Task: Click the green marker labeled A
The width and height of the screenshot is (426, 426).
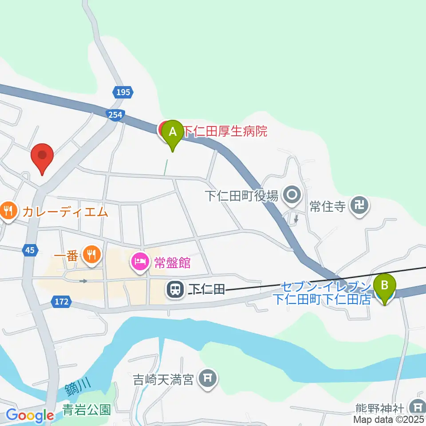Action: (172, 132)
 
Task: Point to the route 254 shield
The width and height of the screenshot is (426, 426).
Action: (114, 115)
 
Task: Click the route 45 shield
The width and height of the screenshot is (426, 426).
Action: (30, 251)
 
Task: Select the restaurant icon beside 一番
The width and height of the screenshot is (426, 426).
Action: (92, 254)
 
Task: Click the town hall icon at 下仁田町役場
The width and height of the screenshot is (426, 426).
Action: (292, 195)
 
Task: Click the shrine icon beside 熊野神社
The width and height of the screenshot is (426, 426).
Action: (417, 406)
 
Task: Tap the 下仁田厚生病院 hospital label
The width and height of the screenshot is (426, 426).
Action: (225, 131)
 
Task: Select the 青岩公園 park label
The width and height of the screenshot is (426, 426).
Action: (86, 409)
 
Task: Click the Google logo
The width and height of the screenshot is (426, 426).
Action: (30, 415)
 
